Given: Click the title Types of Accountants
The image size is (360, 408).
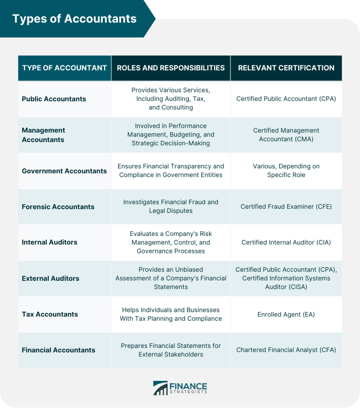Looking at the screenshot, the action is (74, 19).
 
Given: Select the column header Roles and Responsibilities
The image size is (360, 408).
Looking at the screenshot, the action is (171, 68).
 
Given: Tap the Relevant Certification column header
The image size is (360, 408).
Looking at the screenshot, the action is (286, 68).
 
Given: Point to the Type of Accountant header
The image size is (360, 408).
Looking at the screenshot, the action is (64, 68).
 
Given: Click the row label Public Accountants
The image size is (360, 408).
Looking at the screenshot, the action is (54, 99).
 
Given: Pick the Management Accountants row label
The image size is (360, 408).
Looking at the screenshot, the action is (44, 135).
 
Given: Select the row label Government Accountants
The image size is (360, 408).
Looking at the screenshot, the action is (64, 171).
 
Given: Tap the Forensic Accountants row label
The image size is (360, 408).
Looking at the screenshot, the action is (58, 207).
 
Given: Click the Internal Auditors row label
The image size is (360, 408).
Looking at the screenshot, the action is (50, 242).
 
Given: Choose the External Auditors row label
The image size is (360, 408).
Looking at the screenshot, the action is (51, 279).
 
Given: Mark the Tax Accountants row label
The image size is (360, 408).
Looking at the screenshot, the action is (50, 314).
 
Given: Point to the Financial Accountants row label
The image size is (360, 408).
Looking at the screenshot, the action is (59, 350).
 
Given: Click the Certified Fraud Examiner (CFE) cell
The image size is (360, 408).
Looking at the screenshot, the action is (286, 207).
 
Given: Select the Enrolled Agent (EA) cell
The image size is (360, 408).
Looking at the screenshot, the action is (286, 314).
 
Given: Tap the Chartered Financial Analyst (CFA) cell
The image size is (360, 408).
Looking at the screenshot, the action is (286, 350).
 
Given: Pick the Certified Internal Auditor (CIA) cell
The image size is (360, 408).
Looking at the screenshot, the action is (286, 242).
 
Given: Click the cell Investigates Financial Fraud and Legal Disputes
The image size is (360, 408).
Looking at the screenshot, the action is (171, 207).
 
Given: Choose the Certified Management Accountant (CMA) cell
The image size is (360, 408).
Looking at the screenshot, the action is (286, 135).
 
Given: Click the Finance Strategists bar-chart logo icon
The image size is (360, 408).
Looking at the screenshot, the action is (160, 388).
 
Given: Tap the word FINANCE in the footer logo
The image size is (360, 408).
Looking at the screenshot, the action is (188, 386).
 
